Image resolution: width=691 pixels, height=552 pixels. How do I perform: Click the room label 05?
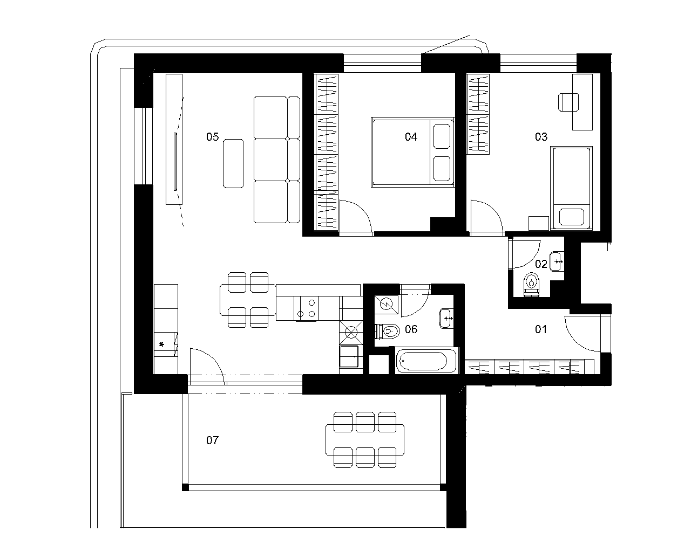click(212, 137)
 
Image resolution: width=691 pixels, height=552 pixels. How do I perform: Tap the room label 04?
click(411, 137)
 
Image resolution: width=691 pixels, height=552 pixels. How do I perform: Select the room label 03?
click(541, 137)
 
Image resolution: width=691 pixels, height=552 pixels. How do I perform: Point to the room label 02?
click(541, 264)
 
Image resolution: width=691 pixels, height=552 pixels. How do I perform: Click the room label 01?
click(541, 329)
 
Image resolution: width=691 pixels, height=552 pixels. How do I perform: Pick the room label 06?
click(411, 329)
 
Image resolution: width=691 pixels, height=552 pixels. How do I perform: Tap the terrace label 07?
click(212, 440)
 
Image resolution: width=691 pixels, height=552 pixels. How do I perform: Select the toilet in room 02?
click(531, 285)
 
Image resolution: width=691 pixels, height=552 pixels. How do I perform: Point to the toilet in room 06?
click(388, 332)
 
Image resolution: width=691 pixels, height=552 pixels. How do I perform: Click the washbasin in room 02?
click(557, 262)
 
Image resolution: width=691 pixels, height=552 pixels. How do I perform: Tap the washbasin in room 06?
click(446, 319)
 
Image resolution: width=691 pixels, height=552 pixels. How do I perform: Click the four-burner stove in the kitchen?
click(306, 308)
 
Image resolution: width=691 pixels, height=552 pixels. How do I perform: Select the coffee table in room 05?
click(233, 163)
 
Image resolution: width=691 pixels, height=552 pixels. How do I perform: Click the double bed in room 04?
click(412, 152)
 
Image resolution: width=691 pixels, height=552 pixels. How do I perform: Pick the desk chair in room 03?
click(568, 102)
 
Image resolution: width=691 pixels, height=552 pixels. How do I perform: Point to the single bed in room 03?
click(571, 188)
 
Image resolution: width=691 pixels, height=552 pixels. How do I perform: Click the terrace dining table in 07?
click(365, 440)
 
